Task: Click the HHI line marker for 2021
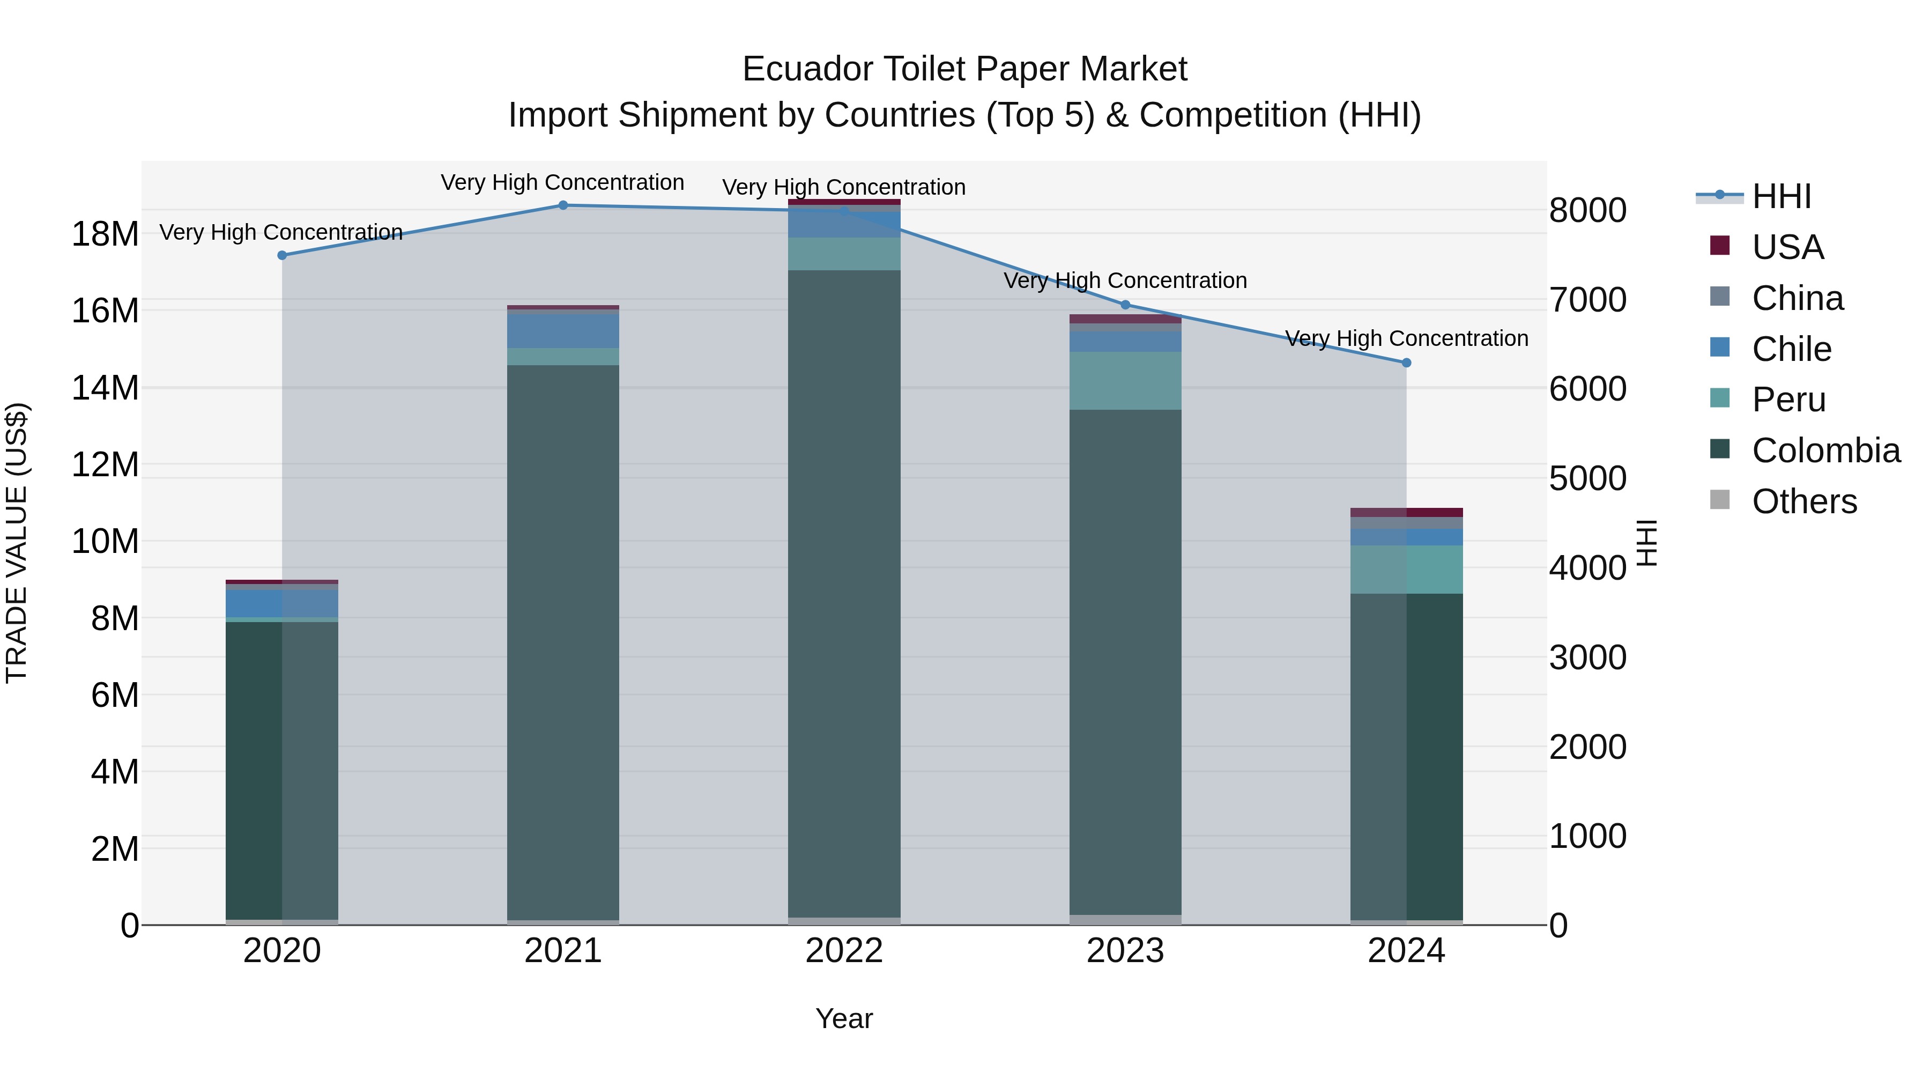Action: coord(563,205)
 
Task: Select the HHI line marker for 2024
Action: coord(1406,363)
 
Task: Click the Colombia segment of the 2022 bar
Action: coord(844,592)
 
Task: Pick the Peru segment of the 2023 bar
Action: coord(1125,381)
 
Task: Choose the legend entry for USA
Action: coord(1787,247)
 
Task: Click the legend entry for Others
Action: coord(1804,501)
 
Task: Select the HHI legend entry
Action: coord(1781,196)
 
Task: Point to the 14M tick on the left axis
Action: coord(105,388)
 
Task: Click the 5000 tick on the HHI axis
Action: coord(1587,478)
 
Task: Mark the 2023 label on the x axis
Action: coord(1125,951)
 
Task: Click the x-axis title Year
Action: coord(844,1018)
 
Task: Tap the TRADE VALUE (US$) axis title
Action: coord(17,543)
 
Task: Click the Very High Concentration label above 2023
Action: coord(1125,280)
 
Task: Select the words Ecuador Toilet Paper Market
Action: coord(964,69)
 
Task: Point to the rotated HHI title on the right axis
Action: coord(1647,543)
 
